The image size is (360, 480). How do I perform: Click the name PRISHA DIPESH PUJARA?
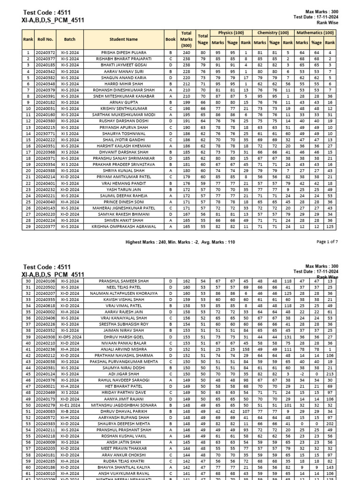tap(124, 53)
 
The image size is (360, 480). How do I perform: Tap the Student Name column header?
tap(124, 40)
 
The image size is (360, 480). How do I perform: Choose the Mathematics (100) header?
tap(315, 33)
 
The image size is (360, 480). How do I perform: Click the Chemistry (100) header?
tap(273, 33)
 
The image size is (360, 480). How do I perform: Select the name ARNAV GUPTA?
tap(124, 102)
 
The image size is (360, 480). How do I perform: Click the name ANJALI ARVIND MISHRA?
tap(124, 349)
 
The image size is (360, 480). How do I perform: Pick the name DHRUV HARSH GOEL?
tap(124, 337)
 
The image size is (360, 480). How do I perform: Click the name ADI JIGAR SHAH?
tap(124, 374)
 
